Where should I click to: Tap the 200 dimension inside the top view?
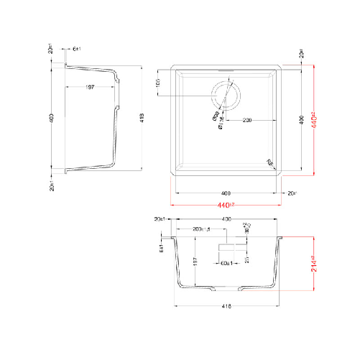(x=246, y=120)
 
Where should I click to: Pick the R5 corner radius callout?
(x=269, y=163)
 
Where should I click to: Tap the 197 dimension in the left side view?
(x=91, y=86)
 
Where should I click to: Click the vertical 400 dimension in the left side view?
(x=52, y=116)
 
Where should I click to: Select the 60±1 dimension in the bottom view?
(x=224, y=262)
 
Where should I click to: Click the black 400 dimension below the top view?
(x=225, y=193)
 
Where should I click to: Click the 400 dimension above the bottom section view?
(x=226, y=218)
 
